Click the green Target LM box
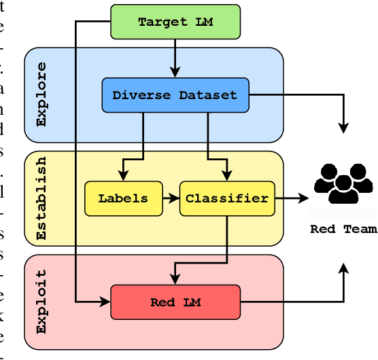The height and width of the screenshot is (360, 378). click(175, 21)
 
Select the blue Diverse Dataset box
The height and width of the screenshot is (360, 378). click(175, 95)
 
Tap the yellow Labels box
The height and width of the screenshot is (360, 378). click(124, 198)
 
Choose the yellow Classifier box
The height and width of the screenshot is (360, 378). click(226, 198)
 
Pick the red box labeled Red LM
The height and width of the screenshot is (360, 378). click(175, 302)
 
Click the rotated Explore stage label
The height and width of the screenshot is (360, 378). click(41, 94)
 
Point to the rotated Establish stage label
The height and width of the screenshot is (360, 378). click(41, 198)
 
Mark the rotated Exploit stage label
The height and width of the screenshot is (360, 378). click(41, 302)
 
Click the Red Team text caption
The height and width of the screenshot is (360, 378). click(343, 229)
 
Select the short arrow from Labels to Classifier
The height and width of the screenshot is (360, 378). click(171, 198)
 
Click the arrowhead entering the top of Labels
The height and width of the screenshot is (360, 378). click(124, 176)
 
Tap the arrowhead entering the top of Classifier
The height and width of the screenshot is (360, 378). click(226, 176)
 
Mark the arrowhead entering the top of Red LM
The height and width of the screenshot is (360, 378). click(175, 279)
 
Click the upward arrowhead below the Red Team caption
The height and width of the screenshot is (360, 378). click(344, 251)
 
